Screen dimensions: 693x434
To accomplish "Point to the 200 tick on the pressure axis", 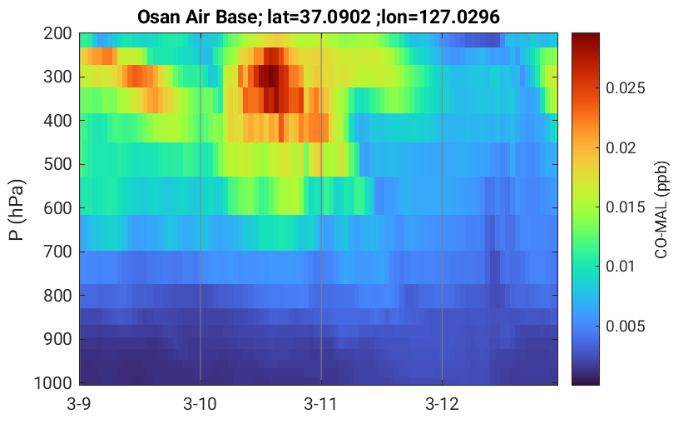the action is [x=57, y=33].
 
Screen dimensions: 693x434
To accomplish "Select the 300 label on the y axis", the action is [x=57, y=77].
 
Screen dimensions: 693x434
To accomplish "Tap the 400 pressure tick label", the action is [x=57, y=121].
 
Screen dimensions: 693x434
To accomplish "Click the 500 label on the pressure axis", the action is [x=57, y=165].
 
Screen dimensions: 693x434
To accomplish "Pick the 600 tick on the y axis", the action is [x=57, y=208].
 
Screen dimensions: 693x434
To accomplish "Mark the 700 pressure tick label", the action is [x=57, y=252].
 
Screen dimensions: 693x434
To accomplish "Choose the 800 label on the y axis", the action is [x=57, y=296].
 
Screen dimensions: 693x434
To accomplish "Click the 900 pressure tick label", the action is [x=57, y=339].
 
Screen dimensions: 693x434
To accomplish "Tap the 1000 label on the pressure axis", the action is [x=53, y=383].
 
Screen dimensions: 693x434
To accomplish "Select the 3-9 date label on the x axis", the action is [x=80, y=404].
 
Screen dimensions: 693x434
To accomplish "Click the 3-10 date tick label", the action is [x=200, y=404].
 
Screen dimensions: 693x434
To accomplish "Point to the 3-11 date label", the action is [x=321, y=404].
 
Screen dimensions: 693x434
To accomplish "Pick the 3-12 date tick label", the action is [x=442, y=404].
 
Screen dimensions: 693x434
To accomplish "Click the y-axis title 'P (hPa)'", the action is [x=17, y=210].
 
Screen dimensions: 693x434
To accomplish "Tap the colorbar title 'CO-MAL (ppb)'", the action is [x=661, y=210].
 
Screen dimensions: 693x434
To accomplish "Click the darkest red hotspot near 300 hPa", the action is [x=271, y=76].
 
